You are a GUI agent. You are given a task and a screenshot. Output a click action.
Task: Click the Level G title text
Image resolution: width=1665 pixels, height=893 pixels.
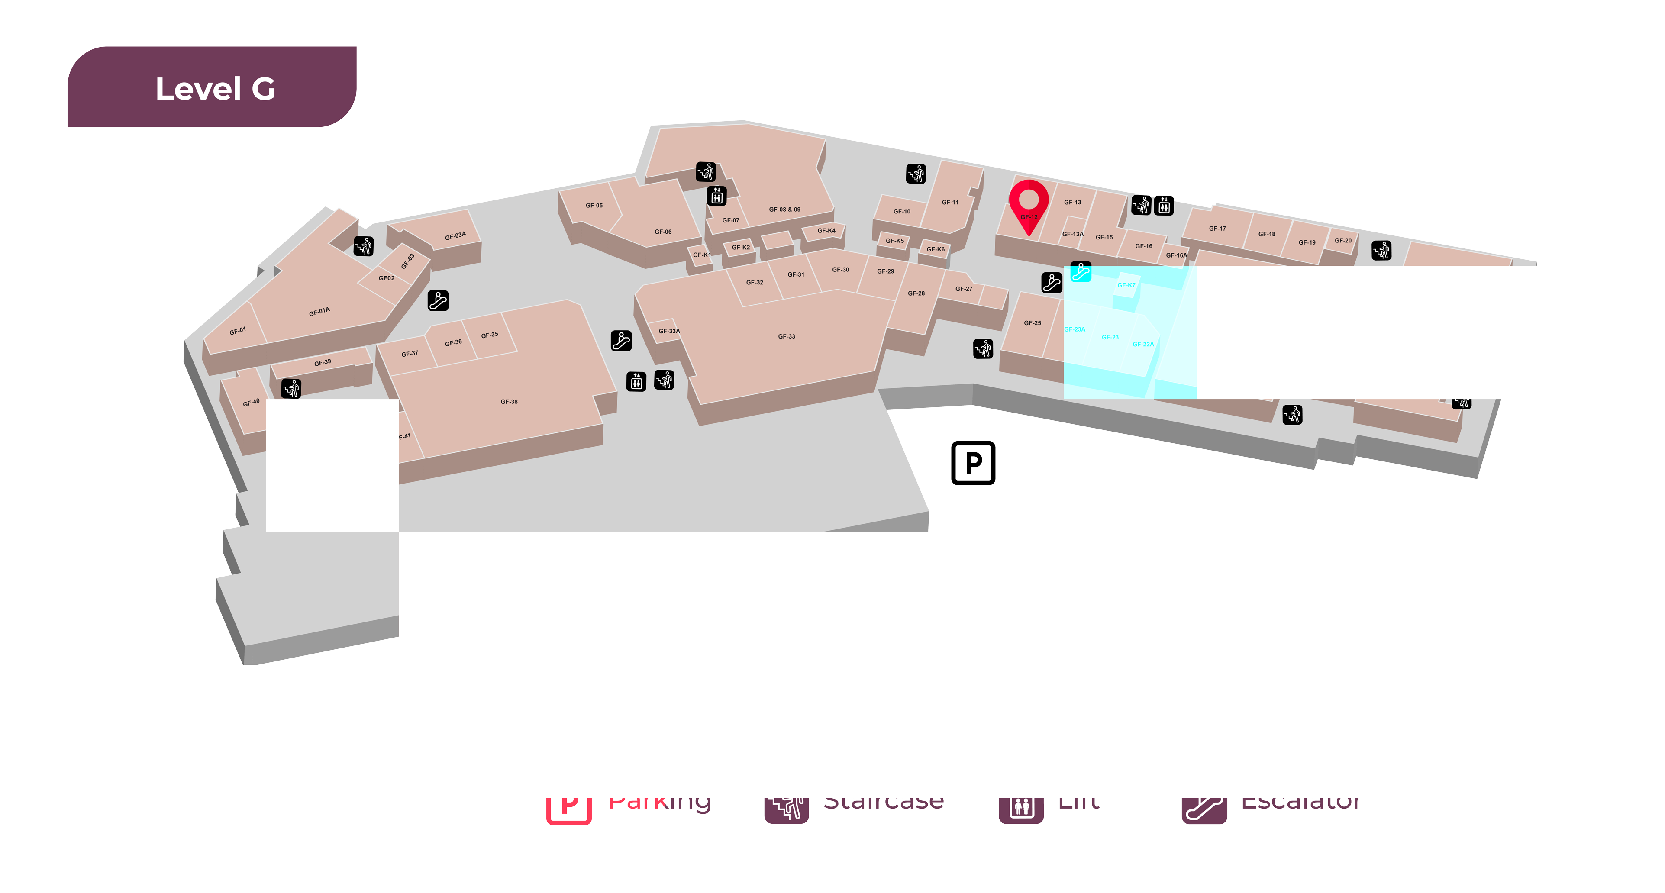(x=215, y=89)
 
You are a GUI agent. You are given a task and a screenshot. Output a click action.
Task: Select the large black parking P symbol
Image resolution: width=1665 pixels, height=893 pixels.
(x=973, y=463)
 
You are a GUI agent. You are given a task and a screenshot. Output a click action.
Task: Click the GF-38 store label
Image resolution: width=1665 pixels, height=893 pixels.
(x=509, y=402)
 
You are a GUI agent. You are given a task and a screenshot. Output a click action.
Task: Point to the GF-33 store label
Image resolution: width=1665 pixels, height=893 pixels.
(x=786, y=337)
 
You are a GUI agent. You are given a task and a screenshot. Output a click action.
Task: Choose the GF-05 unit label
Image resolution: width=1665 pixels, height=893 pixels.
(x=594, y=206)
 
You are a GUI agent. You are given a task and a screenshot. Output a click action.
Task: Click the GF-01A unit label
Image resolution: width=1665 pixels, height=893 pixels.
(x=319, y=312)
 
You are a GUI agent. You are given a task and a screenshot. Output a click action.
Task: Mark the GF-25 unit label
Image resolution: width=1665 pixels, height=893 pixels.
(x=1032, y=323)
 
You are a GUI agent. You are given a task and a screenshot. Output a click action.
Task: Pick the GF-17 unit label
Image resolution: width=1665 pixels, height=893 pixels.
(x=1217, y=229)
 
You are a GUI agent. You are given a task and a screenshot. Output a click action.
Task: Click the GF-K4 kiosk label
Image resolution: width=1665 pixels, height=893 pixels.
(x=826, y=231)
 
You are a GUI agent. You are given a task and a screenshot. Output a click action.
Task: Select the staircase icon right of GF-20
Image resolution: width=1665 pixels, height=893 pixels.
(x=1381, y=250)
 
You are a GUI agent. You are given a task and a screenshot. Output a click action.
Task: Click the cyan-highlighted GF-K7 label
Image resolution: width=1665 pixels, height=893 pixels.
(x=1126, y=285)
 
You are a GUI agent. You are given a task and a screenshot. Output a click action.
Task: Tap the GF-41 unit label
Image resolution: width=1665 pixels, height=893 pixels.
(x=402, y=438)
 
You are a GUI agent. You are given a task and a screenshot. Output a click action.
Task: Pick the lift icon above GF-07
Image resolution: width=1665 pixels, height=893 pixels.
(x=716, y=195)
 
